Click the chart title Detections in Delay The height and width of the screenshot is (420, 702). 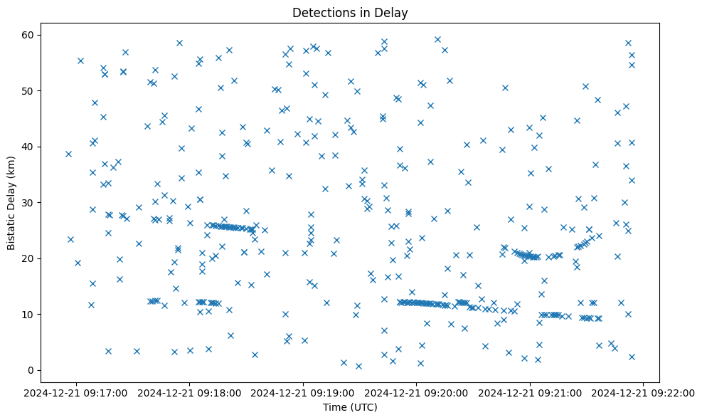pyautogui.click(x=349, y=13)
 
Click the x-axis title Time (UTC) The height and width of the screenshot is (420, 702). pyautogui.click(x=349, y=407)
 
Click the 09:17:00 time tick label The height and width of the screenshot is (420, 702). pyautogui.click(x=77, y=392)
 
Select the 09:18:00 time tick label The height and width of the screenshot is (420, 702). pyautogui.click(x=190, y=392)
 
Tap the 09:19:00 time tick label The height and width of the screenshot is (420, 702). pyautogui.click(x=304, y=392)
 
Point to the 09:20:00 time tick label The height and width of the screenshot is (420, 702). pyautogui.click(x=417, y=392)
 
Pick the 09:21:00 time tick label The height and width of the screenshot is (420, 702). pyautogui.click(x=531, y=392)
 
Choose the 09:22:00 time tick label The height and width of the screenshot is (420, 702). pyautogui.click(x=644, y=392)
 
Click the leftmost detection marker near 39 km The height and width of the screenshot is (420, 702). pyautogui.click(x=68, y=154)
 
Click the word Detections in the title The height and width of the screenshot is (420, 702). pyautogui.click(x=319, y=13)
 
